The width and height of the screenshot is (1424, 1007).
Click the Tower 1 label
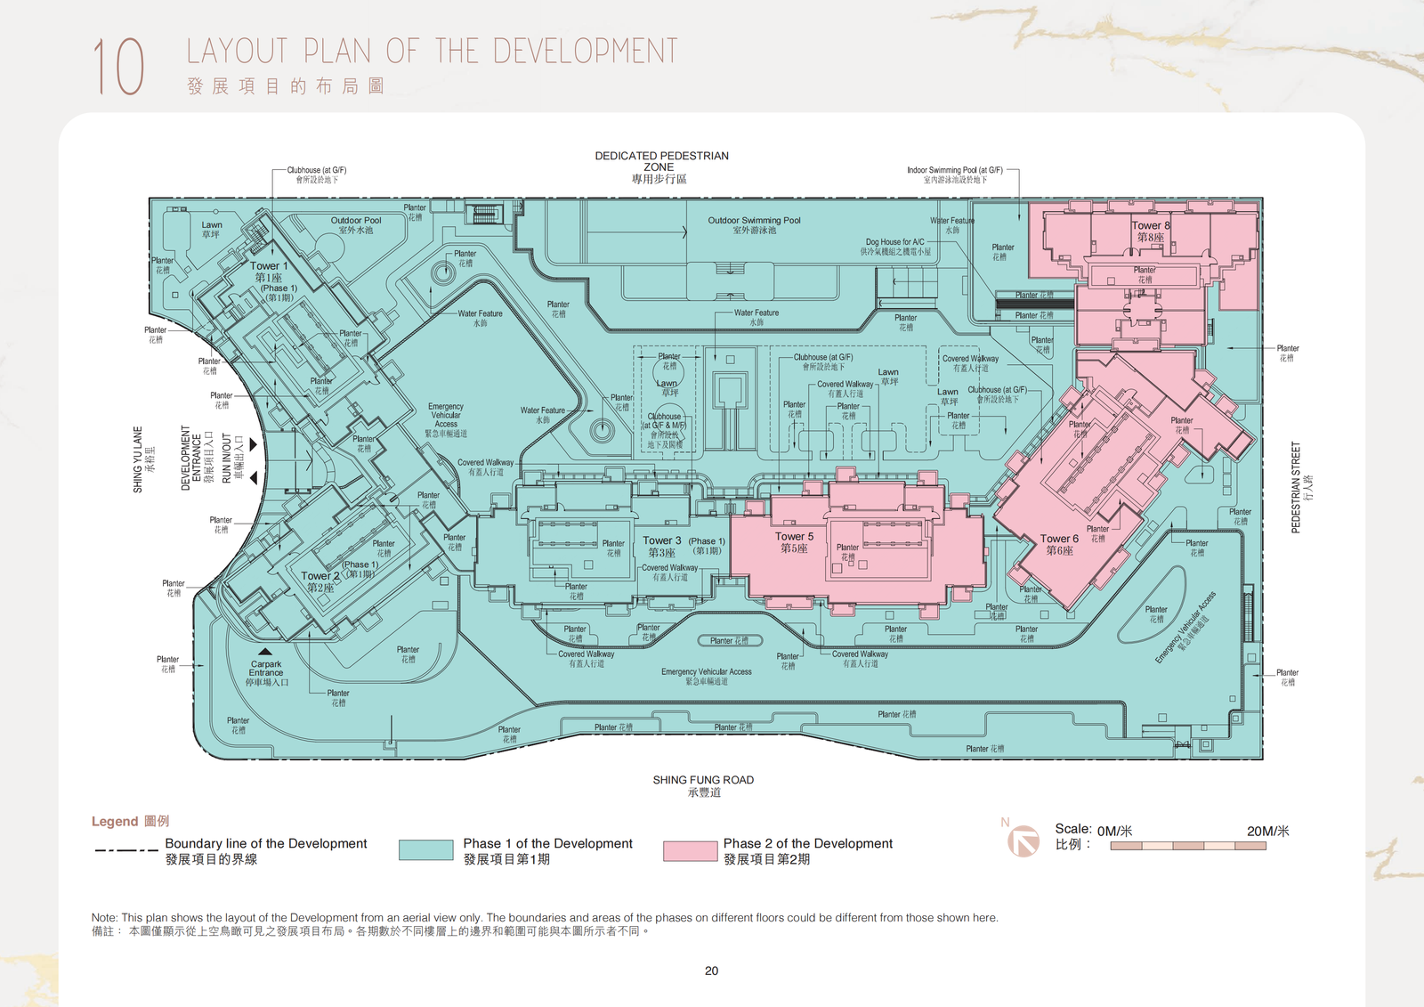pos(268,266)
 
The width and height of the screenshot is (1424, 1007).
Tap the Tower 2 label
pos(320,576)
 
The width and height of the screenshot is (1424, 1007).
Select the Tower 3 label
pos(661,540)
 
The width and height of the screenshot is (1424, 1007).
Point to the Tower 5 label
pos(794,537)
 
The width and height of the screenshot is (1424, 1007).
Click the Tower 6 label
pos(1059,539)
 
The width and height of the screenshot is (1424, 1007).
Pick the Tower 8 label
pos(1150,225)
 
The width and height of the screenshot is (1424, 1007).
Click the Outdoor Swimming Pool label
pos(754,220)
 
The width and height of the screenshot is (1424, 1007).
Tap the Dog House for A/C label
pos(894,242)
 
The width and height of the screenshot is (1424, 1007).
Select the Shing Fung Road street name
pos(703,780)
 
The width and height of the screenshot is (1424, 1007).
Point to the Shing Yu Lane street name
pos(138,459)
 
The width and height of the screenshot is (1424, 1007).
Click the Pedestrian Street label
pos(1296,487)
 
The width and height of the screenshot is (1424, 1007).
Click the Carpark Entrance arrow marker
pos(265,652)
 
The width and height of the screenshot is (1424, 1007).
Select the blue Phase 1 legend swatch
pos(425,850)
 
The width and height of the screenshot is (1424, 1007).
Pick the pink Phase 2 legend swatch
pos(690,850)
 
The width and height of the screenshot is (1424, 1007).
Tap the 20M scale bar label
pos(1267,831)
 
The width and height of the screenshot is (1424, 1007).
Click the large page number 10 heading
pos(118,67)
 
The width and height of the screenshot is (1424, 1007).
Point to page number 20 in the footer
pos(711,970)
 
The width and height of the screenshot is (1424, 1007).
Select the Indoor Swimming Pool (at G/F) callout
pos(954,170)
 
